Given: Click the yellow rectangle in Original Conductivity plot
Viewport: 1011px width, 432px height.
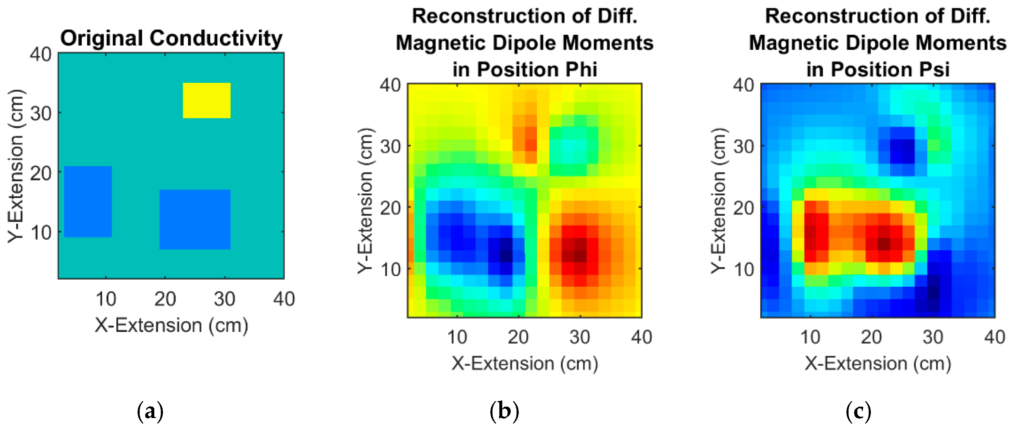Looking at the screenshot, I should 206,100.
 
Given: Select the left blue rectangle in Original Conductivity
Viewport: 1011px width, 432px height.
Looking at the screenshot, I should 88,202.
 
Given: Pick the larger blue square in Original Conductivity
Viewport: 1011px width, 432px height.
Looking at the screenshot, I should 195,219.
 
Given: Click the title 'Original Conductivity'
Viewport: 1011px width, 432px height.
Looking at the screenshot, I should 171,38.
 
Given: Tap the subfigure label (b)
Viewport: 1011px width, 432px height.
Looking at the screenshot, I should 504,411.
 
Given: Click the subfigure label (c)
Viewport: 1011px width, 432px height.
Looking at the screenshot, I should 858,411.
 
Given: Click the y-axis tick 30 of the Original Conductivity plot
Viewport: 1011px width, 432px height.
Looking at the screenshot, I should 41,114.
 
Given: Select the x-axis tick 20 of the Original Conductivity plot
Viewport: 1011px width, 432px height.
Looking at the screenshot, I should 165,299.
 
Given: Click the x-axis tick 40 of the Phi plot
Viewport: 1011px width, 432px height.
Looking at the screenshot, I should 641,337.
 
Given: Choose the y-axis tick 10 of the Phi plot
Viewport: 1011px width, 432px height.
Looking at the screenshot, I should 390,269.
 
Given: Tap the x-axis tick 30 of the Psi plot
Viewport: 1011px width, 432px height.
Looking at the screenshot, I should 933,337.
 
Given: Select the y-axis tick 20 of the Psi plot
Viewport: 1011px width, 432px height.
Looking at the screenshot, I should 743,208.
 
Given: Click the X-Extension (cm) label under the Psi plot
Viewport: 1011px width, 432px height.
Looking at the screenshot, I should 877,363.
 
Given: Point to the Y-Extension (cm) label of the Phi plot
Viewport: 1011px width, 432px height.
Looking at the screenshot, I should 365,200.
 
